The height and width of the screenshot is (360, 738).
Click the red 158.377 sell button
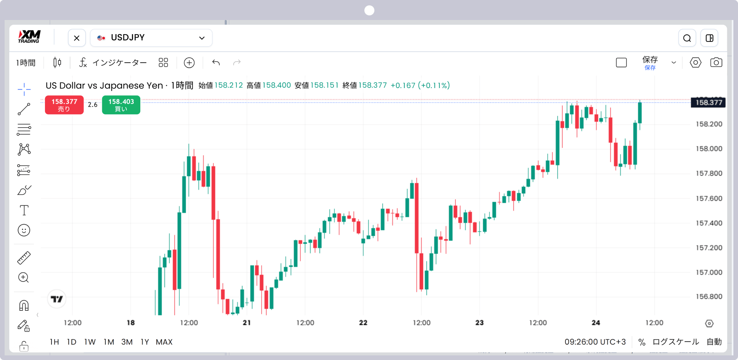pos(64,105)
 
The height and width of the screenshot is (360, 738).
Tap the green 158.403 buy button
pos(121,105)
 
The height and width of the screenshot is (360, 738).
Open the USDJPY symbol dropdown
pos(151,38)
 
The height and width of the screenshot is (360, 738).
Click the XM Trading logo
pos(29,37)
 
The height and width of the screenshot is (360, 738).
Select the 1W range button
pos(90,342)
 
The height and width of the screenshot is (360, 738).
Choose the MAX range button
pos(164,342)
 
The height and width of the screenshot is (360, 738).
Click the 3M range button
pos(127,342)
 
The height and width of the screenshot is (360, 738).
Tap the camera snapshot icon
pos(716,62)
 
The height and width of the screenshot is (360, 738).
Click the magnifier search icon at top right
pos(687,38)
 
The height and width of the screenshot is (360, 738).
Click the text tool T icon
pos(24,210)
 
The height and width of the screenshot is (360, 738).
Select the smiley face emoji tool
pos(24,230)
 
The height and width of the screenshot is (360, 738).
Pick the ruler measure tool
pos(24,258)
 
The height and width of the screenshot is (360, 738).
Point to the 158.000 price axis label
pos(709,149)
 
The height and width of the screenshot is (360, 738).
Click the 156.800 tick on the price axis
pos(709,297)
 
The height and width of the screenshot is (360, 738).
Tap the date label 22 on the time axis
pos(363,323)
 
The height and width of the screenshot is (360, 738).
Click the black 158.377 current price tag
pos(708,102)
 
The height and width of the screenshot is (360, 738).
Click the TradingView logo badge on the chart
pos(57,299)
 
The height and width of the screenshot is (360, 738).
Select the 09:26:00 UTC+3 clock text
pos(595,342)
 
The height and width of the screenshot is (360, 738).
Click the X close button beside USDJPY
pos(77,38)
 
